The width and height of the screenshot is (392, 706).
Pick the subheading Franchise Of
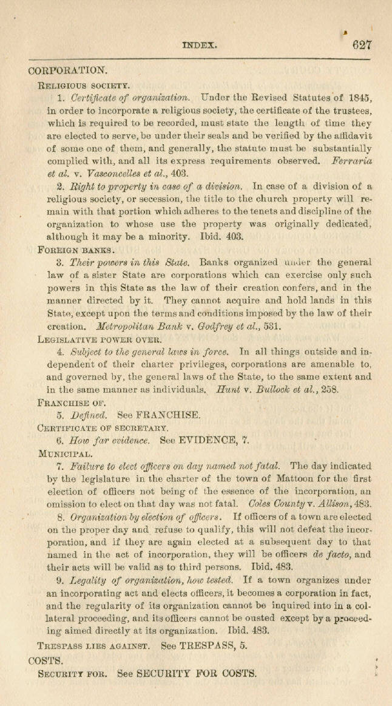click(x=72, y=403)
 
